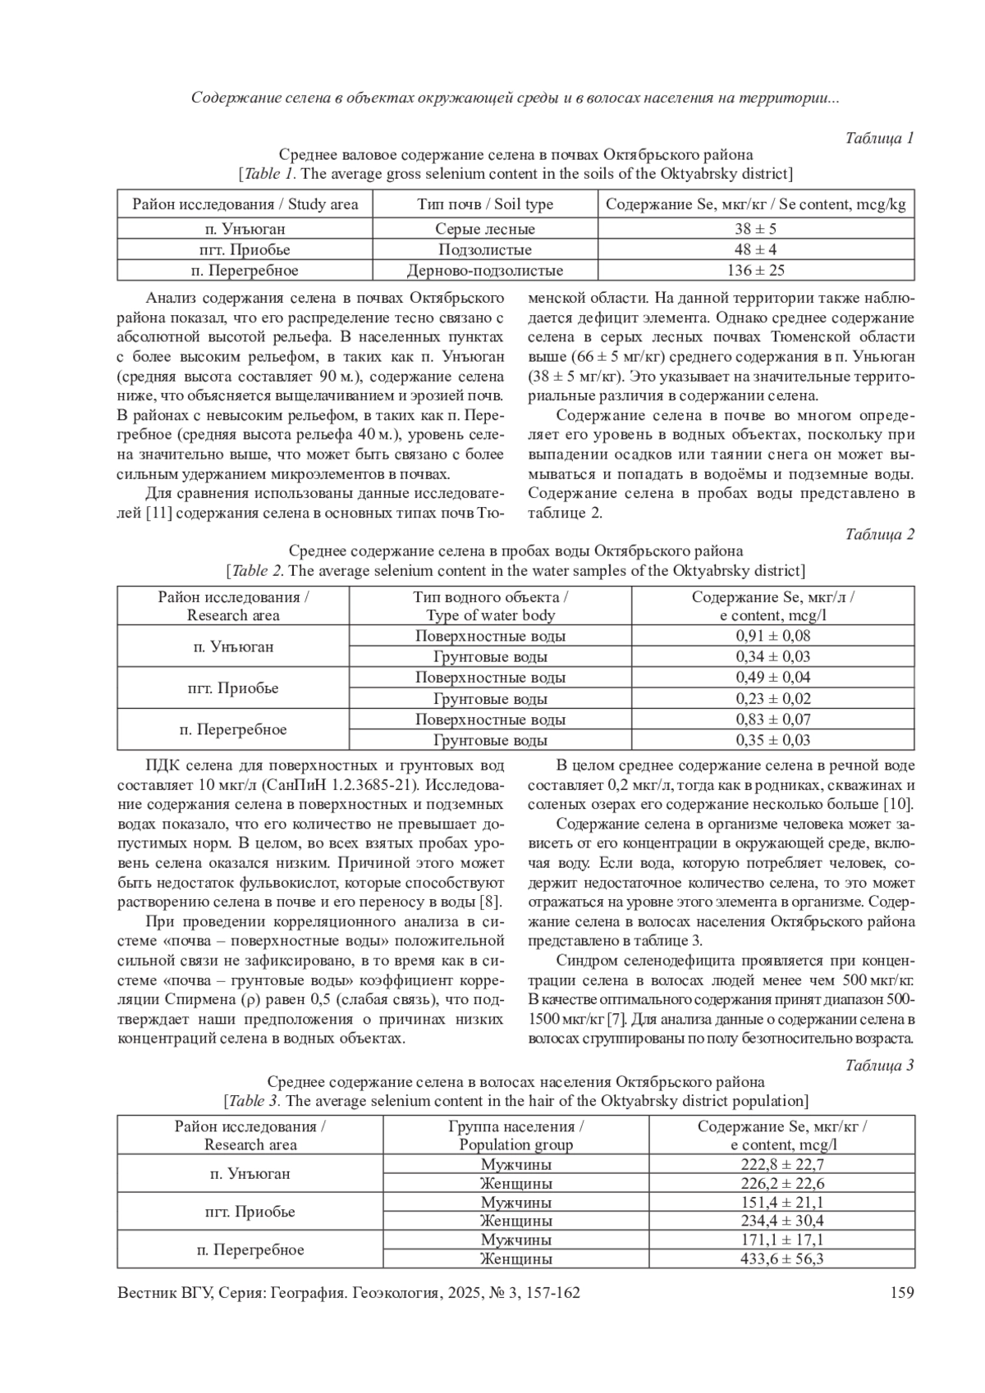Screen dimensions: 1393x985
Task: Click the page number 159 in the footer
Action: click(x=902, y=1293)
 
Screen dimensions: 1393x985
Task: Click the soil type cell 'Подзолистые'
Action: click(x=485, y=249)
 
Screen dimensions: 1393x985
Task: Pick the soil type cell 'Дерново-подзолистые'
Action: click(x=485, y=270)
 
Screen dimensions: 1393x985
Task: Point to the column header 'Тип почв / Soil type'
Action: click(x=485, y=204)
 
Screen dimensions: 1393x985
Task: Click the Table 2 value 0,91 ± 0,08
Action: click(x=772, y=636)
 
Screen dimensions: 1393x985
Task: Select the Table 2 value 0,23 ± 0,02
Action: click(x=772, y=699)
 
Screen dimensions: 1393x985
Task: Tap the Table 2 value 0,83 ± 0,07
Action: click(x=772, y=719)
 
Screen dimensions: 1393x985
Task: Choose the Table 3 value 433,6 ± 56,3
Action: click(x=781, y=1258)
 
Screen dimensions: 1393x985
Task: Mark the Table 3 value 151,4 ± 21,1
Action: click(x=781, y=1203)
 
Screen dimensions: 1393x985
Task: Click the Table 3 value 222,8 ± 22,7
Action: click(x=781, y=1164)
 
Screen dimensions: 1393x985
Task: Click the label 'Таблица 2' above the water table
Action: click(x=879, y=534)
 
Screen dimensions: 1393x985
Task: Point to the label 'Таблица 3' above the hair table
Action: click(x=879, y=1065)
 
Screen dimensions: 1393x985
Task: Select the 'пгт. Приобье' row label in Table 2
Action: click(x=233, y=688)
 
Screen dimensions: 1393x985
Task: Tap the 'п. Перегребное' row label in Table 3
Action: click(x=250, y=1249)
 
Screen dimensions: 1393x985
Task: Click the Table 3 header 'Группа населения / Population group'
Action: click(x=515, y=1135)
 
